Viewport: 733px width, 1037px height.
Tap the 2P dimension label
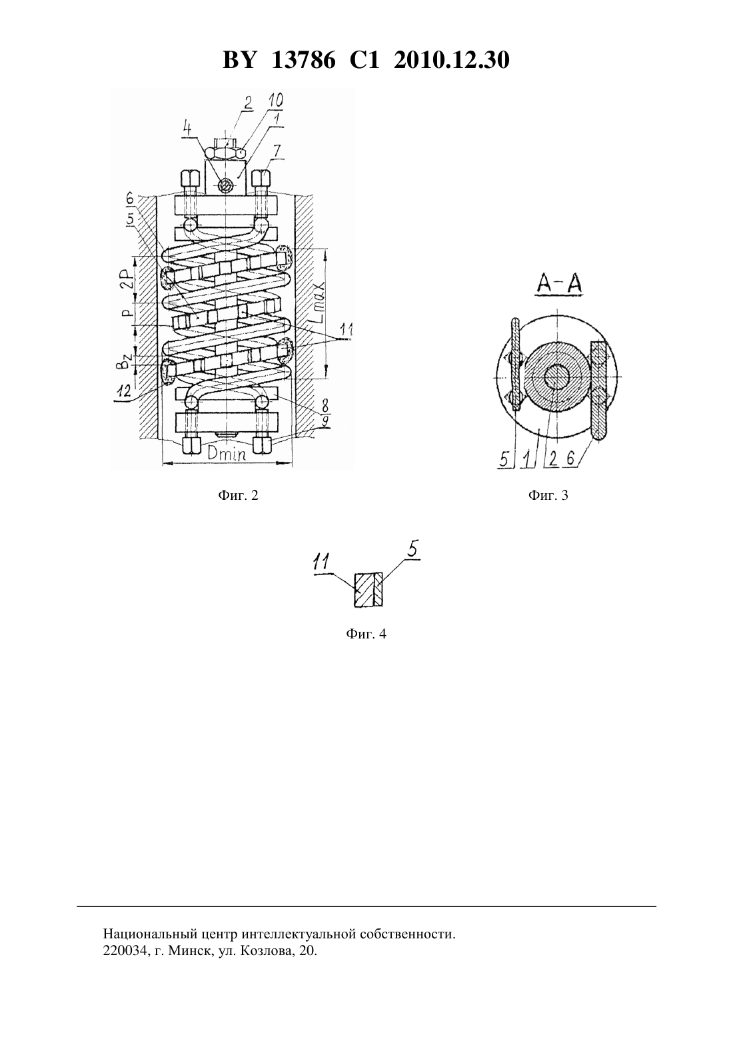pos(128,280)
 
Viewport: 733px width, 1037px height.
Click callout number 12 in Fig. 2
pos(124,391)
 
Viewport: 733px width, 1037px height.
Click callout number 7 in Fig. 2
pos(277,151)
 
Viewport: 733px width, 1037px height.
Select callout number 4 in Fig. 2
pos(187,128)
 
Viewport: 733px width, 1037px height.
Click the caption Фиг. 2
pos(238,495)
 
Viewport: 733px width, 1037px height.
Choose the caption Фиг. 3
pos(548,495)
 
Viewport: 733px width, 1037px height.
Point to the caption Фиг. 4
pos(366,634)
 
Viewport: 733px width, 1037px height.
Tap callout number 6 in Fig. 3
pos(570,459)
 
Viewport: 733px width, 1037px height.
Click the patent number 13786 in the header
pos(303,60)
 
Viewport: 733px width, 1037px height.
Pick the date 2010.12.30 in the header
pos(452,60)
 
